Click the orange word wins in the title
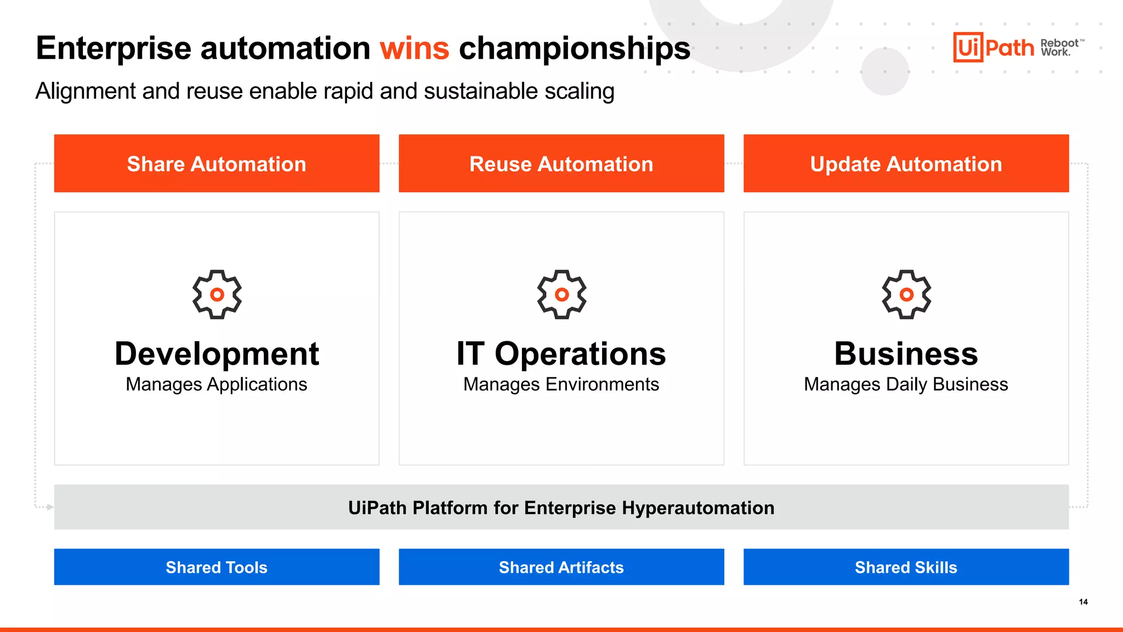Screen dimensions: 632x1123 point(415,48)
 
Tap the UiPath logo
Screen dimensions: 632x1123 point(993,48)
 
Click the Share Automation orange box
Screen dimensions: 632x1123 point(217,163)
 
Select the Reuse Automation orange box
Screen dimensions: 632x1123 point(561,163)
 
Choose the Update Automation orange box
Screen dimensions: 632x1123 point(906,163)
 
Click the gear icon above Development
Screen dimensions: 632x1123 point(217,295)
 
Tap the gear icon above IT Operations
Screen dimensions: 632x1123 point(561,295)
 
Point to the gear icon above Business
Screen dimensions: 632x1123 point(906,295)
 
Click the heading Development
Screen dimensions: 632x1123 point(217,354)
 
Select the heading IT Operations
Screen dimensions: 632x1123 point(561,354)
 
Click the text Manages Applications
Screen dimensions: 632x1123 point(217,385)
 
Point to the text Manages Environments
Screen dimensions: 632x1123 point(561,385)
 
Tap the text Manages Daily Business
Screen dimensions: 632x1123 point(906,385)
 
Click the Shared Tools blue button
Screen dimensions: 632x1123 point(217,567)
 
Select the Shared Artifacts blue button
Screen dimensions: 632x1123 point(561,567)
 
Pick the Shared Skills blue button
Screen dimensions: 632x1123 point(906,567)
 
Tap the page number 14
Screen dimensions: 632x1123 point(1083,602)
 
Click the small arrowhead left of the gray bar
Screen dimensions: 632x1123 point(50,507)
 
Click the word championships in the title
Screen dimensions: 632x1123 point(574,48)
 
